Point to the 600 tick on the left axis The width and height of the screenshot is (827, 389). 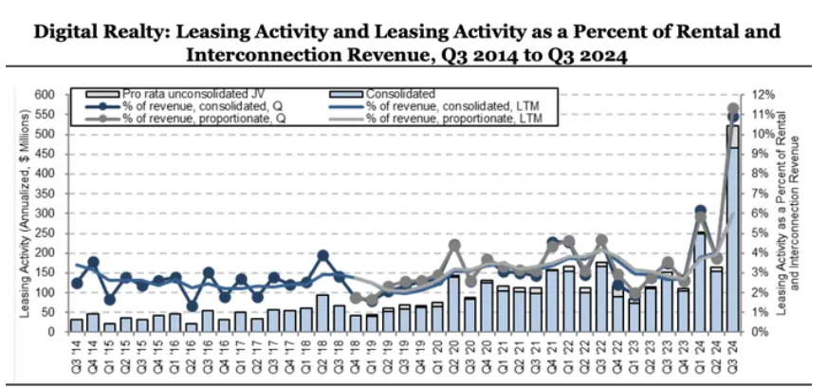pos(46,94)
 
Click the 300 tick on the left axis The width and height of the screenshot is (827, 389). pos(46,213)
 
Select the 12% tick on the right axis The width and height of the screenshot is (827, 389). pos(764,94)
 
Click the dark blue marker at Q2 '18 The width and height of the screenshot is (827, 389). pos(322,255)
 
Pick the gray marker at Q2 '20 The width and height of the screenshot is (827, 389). pos(454,246)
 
